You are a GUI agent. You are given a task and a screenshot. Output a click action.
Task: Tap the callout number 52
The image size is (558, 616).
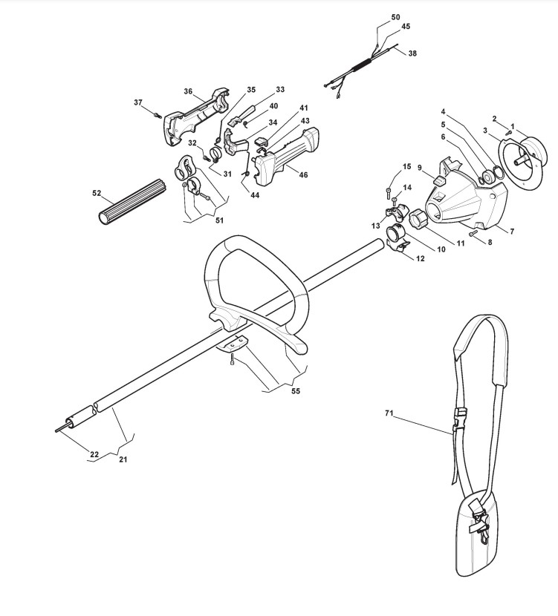pyautogui.click(x=97, y=193)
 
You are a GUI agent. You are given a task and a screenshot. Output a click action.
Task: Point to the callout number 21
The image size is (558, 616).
pyautogui.click(x=123, y=459)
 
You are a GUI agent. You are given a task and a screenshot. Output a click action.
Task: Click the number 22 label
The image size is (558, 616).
pyautogui.click(x=94, y=454)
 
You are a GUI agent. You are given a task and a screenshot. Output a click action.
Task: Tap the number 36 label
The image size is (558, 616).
pyautogui.click(x=189, y=92)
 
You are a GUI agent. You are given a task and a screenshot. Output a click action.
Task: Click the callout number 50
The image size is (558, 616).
pyautogui.click(x=395, y=17)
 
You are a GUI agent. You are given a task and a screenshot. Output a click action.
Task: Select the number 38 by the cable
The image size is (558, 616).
pyautogui.click(x=412, y=53)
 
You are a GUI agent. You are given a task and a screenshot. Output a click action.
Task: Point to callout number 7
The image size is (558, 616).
pyautogui.click(x=510, y=232)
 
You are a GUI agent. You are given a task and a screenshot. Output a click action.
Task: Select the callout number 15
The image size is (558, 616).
pyautogui.click(x=406, y=166)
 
